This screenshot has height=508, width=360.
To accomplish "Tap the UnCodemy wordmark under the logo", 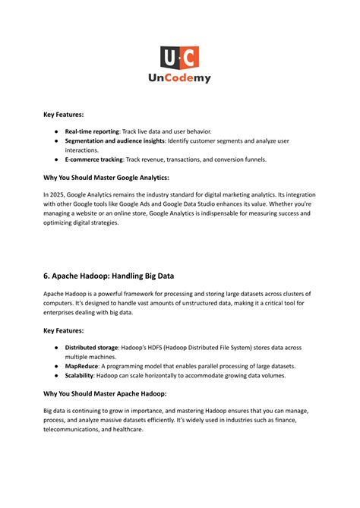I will (x=179, y=77).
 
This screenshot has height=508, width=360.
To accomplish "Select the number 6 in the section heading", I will (x=47, y=275).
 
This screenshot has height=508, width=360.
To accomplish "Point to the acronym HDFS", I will (x=164, y=348).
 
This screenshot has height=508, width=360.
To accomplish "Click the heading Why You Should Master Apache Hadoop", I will (x=105, y=393).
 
